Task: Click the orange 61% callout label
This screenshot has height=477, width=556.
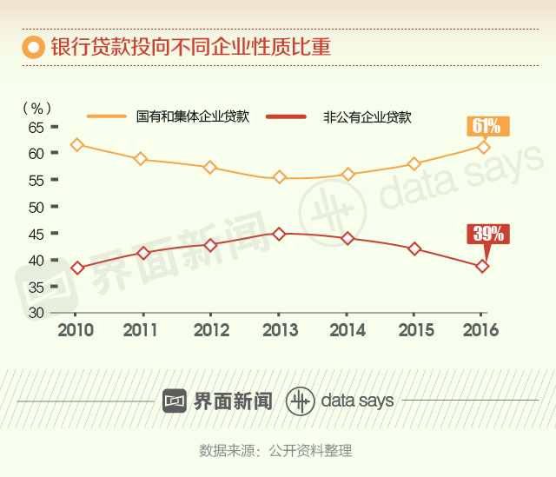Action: point(486,126)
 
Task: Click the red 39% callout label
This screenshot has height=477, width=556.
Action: point(486,234)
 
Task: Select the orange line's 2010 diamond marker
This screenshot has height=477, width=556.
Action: point(76,145)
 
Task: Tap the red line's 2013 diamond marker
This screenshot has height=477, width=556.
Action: point(279,234)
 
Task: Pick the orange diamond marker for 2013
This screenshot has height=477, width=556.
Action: point(279,177)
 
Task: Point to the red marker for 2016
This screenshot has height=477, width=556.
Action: point(483,266)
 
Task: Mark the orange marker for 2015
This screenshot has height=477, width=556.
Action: point(414,163)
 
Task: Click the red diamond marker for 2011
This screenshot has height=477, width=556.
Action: point(144,253)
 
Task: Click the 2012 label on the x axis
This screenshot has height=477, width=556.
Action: point(211,330)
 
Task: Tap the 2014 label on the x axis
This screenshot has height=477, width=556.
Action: point(346,330)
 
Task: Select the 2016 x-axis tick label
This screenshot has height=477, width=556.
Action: point(481,330)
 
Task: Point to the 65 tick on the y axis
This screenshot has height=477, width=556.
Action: point(36,127)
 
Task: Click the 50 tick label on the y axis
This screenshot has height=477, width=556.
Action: point(36,207)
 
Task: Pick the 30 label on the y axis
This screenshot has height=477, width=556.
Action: point(36,313)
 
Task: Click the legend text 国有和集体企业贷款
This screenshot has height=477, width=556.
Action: point(193,116)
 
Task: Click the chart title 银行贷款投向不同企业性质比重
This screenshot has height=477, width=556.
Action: point(190,46)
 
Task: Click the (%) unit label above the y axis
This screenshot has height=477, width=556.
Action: point(36,108)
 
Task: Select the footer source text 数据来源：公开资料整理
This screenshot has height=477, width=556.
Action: point(275,450)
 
